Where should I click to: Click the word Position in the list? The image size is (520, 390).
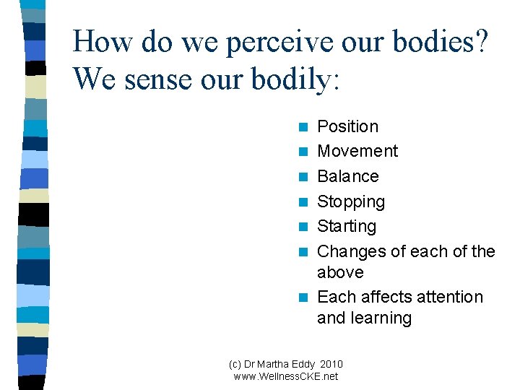pyautogui.click(x=347, y=126)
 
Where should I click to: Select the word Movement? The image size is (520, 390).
pyautogui.click(x=357, y=151)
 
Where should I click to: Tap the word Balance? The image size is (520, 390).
pyautogui.click(x=347, y=176)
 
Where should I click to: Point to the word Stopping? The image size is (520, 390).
pyautogui.click(x=351, y=201)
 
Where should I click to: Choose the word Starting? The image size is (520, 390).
pyautogui.click(x=347, y=226)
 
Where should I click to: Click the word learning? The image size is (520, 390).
pyautogui.click(x=383, y=318)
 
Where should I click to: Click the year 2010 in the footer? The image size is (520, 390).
pyautogui.click(x=331, y=364)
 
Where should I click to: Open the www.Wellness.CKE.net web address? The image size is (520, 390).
pyautogui.click(x=286, y=376)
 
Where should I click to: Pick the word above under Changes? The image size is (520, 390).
pyautogui.click(x=340, y=272)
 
